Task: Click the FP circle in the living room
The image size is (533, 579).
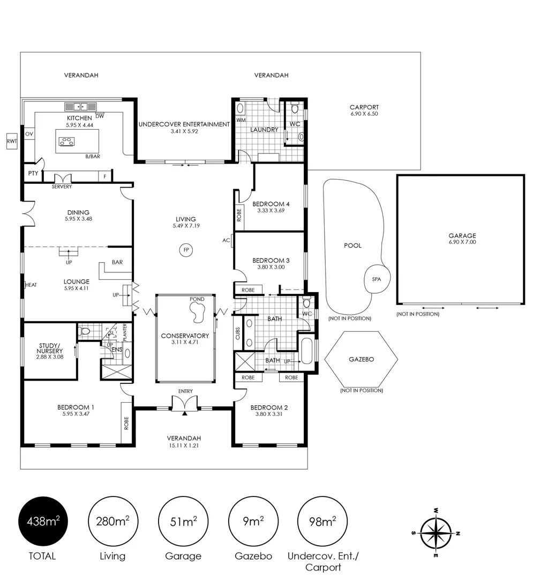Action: [186, 250]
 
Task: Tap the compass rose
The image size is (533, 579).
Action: [436, 533]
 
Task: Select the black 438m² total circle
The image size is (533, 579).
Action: [43, 522]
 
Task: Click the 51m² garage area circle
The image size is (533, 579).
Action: [183, 522]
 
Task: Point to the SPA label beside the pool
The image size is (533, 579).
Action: [376, 279]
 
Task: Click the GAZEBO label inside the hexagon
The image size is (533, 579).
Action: [361, 359]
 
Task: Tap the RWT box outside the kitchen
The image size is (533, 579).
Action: [12, 141]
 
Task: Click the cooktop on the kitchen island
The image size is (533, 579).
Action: [67, 140]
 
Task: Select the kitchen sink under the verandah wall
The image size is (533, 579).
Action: [81, 107]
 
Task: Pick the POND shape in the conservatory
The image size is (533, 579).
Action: [198, 311]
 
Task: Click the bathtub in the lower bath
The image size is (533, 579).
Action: [307, 351]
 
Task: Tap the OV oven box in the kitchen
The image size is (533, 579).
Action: [29, 134]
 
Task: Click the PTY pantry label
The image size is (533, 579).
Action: [33, 173]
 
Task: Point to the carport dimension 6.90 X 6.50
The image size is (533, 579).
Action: [364, 114]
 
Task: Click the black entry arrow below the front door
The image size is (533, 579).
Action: [185, 413]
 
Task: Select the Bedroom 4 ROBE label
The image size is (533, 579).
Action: [239, 215]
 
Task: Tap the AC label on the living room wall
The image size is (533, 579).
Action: [226, 240]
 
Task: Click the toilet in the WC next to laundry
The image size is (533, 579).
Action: [294, 108]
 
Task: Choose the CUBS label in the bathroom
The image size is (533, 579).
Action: [237, 333]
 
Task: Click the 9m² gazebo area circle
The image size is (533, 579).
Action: [253, 522]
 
